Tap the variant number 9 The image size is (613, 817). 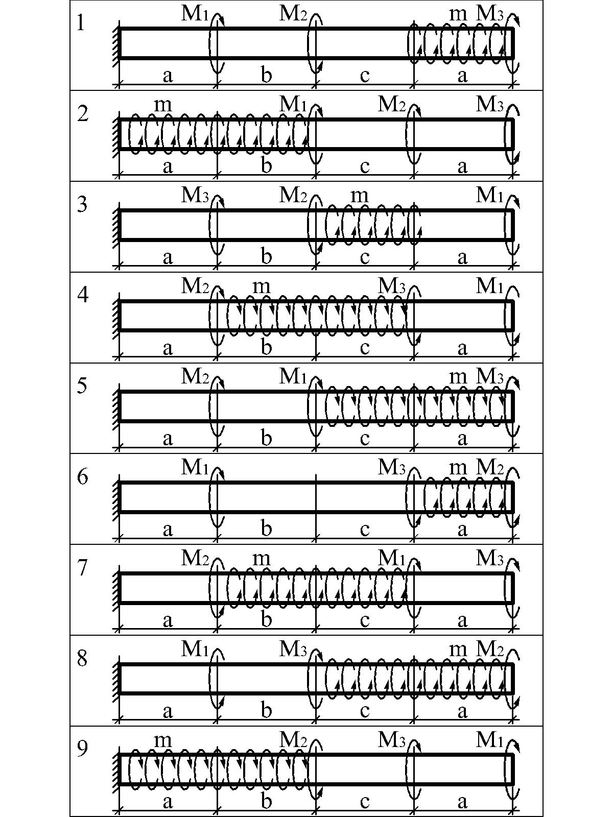[x=82, y=749]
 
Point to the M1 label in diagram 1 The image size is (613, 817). [x=194, y=14]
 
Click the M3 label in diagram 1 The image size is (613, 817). [x=490, y=14]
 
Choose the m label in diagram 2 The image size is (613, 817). [x=163, y=106]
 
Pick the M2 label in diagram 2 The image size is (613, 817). [x=391, y=105]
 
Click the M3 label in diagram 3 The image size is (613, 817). [x=195, y=195]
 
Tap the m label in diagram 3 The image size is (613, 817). [x=360, y=197]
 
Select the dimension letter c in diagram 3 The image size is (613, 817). [x=365, y=257]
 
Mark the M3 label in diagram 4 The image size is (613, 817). [x=391, y=286]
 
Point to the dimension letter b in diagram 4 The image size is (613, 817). [x=266, y=347]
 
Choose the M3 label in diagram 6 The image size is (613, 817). [x=391, y=468]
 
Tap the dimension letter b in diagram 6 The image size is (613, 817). [x=266, y=528]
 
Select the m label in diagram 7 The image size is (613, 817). [x=261, y=560]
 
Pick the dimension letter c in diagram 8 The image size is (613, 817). [x=365, y=711]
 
